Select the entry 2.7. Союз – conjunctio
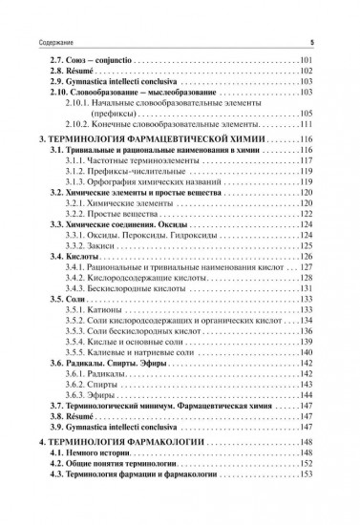(87, 61)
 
